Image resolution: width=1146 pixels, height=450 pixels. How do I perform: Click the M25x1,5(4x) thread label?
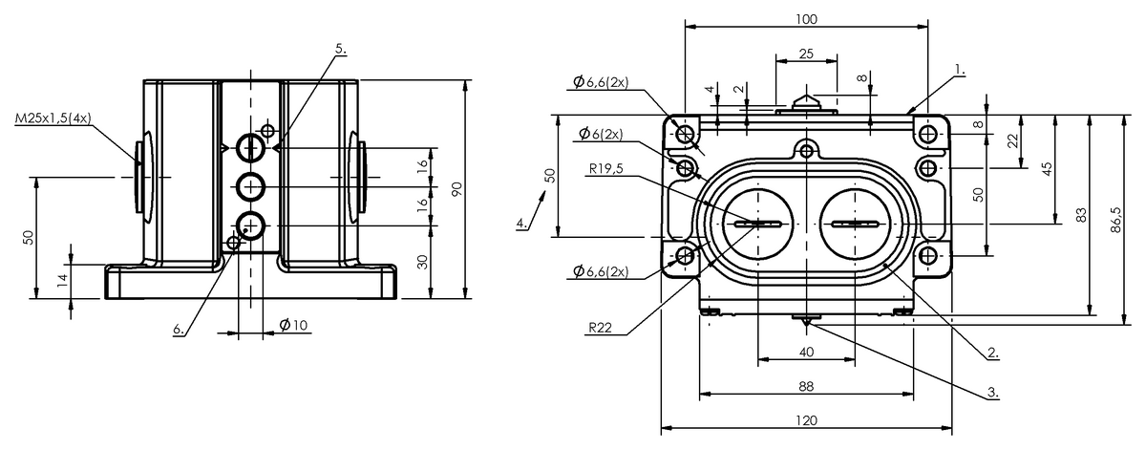pos(53,118)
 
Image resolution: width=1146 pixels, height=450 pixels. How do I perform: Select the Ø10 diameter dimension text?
pos(294,325)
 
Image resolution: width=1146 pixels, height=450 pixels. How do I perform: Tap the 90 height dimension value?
pos(456,189)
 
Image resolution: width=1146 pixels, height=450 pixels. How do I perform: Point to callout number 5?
pos(341,49)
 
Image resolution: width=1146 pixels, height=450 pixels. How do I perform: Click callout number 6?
pos(179,329)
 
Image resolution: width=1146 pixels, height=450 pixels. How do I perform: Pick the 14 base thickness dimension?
pos(62,280)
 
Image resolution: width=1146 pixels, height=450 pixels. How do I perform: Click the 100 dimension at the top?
pos(806,19)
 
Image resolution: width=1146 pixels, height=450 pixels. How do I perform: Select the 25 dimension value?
pos(806,54)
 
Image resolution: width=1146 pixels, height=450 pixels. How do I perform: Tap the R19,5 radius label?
pos(606,168)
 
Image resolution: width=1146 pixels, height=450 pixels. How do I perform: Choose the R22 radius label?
pos(600,327)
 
